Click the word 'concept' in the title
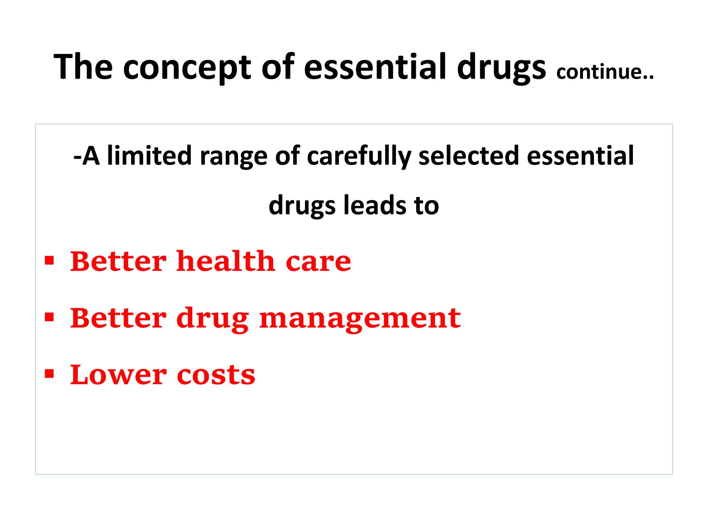(x=187, y=68)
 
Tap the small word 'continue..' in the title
(x=605, y=72)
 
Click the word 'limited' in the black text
(x=149, y=156)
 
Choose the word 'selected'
(x=469, y=156)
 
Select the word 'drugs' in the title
(x=501, y=68)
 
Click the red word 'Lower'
(x=118, y=375)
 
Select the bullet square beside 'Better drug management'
(x=49, y=317)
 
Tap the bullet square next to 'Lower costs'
(x=49, y=374)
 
